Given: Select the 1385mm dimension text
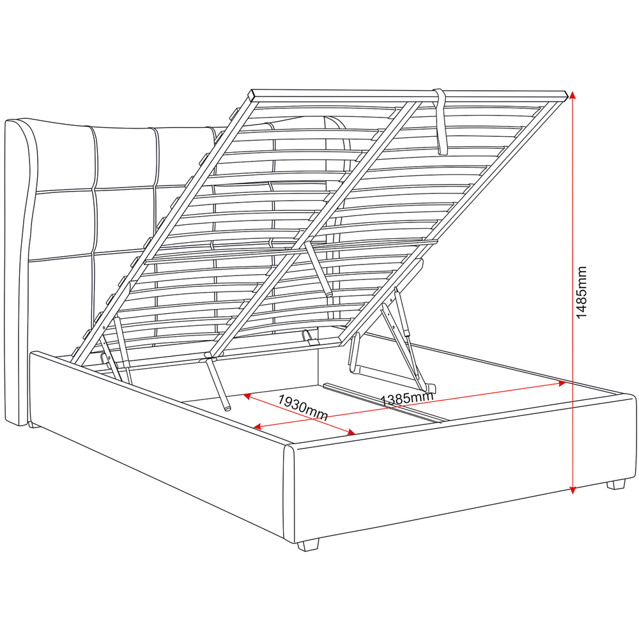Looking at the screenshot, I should tap(407, 399).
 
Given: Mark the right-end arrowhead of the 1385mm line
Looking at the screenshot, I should tap(562, 383).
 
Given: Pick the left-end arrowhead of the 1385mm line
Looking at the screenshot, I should tap(257, 427).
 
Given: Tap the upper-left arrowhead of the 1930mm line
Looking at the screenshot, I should tap(246, 396).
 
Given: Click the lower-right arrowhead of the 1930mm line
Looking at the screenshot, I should tap(351, 433).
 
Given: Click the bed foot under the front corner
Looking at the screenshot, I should tap(308, 544).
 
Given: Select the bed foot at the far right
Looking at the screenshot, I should tap(615, 484).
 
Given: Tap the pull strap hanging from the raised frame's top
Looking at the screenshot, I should tap(441, 121).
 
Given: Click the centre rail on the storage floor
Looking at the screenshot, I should tap(383, 403).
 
